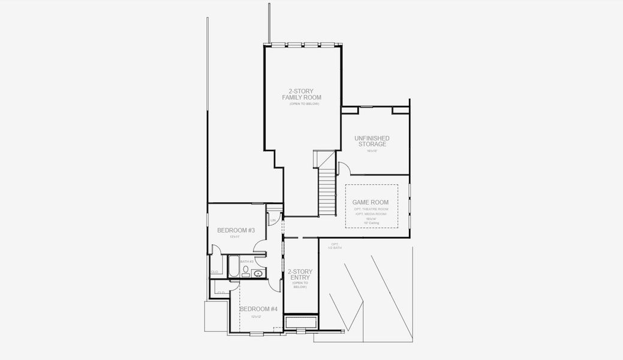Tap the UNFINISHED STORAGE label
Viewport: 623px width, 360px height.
pos(372,141)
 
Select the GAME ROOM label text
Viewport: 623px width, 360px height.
pos(371,202)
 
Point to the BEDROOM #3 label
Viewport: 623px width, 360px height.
pos(236,230)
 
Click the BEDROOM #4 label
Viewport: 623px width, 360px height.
pos(258,309)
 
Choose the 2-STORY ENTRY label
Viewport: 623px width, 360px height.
pos(300,275)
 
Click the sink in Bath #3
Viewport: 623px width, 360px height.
pos(258,274)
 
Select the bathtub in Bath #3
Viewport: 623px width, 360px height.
pos(233,267)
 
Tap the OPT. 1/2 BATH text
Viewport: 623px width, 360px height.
pos(335,246)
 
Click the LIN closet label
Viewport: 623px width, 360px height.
pos(273,220)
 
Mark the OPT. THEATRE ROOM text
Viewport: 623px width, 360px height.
pos(371,209)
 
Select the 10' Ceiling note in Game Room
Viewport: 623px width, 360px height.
pos(371,223)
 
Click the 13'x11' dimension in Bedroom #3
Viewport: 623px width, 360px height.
pos(234,237)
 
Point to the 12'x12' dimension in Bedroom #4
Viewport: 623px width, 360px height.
pos(257,316)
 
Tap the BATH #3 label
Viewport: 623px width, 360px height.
pos(246,262)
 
